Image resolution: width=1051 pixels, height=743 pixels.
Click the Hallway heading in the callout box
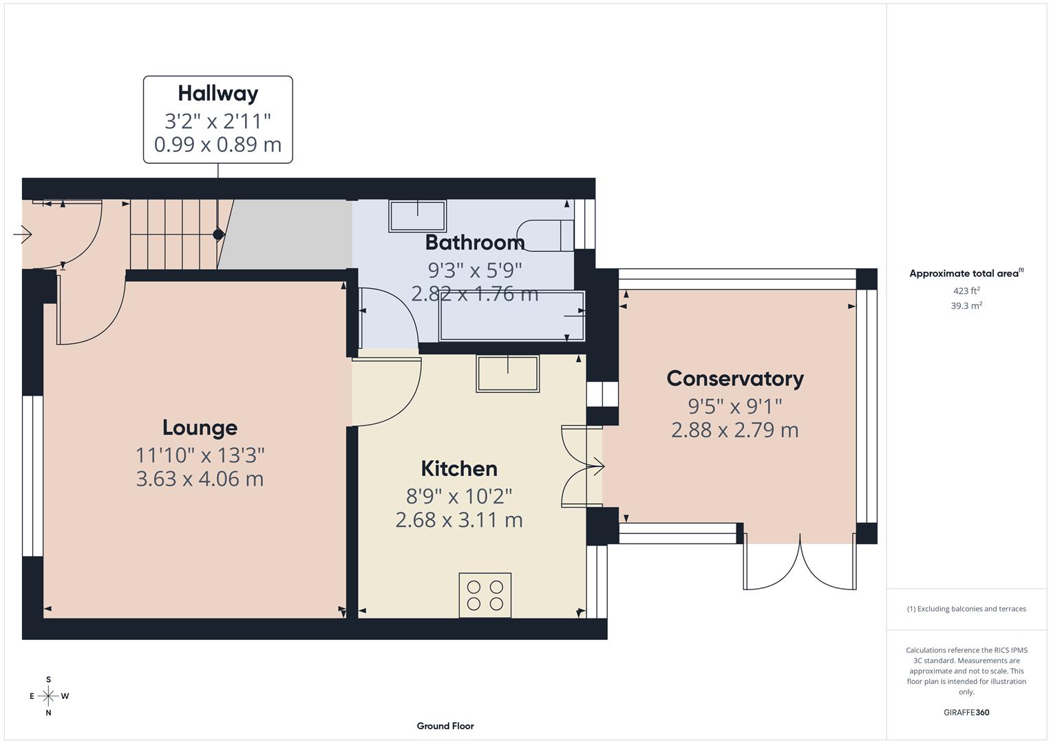tap(217, 94)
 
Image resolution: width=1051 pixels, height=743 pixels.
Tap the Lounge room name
tap(200, 428)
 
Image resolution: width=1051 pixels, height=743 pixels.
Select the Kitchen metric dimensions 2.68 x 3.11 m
tap(458, 520)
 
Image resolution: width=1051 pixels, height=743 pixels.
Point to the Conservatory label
tap(734, 379)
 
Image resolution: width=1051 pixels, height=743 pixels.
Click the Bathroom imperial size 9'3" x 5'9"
tap(475, 270)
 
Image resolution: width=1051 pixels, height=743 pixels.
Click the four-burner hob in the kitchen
tap(485, 595)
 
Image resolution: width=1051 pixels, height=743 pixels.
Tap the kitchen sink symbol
tap(507, 374)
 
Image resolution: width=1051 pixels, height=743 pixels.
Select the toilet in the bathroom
tap(547, 235)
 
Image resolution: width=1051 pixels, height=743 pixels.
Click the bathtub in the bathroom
tap(511, 316)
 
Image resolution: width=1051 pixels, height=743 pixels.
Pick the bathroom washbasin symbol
tap(417, 216)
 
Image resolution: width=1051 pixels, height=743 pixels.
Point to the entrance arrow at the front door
tap(23, 235)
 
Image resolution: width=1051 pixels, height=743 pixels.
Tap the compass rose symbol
tap(48, 696)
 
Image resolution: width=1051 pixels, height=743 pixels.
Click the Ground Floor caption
tap(445, 726)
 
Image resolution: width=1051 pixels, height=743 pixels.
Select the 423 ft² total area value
tap(966, 291)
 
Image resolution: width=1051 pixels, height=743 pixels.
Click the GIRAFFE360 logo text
tap(966, 713)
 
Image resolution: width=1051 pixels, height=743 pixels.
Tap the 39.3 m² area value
tap(966, 306)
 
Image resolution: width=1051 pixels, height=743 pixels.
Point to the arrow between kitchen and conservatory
tap(597, 468)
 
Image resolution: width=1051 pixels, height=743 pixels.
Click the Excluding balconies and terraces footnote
tap(966, 609)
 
